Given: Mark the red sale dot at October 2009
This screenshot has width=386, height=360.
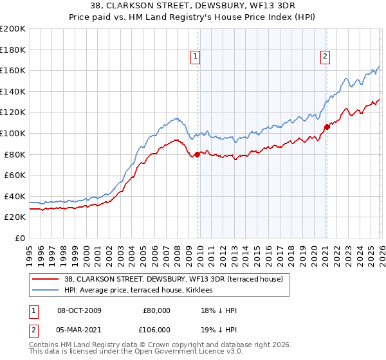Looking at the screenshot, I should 197,154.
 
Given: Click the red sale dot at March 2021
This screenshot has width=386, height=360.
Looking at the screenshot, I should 327,127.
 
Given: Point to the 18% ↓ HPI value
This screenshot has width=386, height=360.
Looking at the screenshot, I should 219,310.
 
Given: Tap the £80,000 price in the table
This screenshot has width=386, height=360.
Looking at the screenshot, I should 157,310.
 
